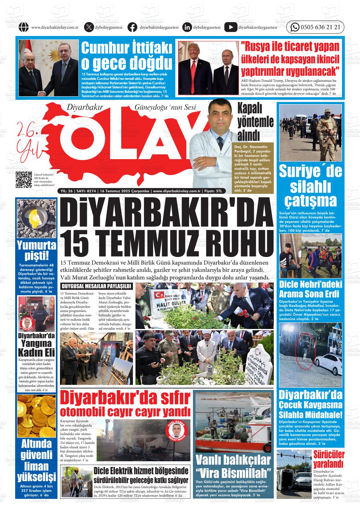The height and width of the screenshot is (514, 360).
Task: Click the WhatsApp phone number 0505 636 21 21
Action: [x=320, y=27]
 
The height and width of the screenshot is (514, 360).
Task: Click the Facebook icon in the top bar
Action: [x=132, y=27]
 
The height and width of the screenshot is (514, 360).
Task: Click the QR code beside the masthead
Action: [x=24, y=179]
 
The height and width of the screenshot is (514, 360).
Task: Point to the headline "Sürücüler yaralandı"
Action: [x=328, y=459]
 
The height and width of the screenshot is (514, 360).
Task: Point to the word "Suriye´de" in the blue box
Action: [x=310, y=171]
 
